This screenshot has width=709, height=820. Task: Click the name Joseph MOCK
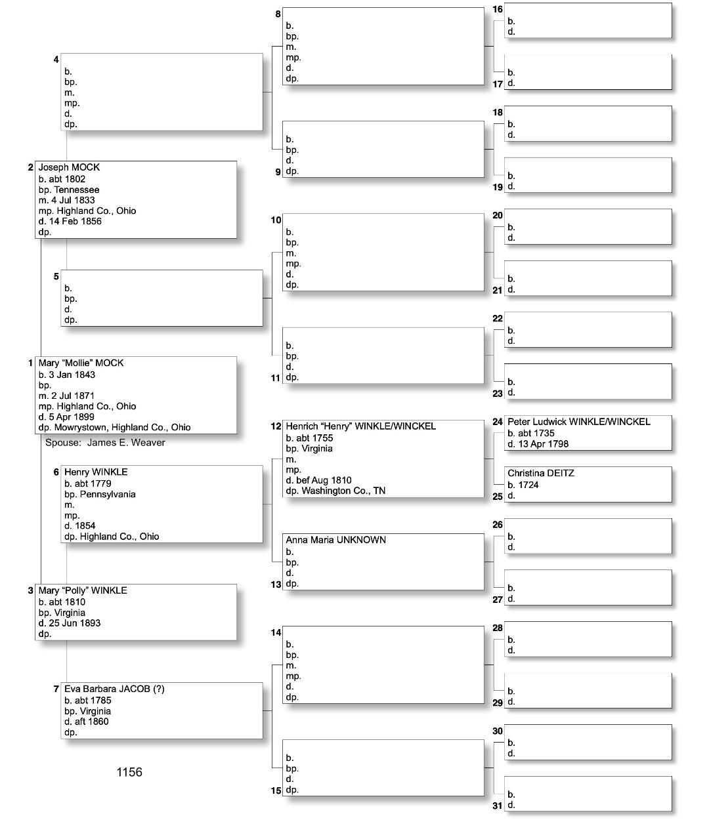[69, 167]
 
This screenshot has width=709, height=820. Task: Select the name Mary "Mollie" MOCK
[81, 363]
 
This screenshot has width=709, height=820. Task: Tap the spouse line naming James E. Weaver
[105, 443]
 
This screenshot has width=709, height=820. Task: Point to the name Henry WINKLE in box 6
[96, 472]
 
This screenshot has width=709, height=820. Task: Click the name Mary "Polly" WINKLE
[83, 590]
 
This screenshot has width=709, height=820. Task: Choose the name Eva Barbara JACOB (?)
[114, 689]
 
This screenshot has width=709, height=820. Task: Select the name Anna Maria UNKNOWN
[335, 540]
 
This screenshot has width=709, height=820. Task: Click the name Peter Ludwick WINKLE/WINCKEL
[578, 422]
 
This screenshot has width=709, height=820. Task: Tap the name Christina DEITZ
[541, 473]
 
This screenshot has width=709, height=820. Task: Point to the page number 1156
[129, 772]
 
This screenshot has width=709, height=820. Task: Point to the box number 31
[498, 806]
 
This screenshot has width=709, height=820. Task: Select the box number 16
[498, 9]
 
